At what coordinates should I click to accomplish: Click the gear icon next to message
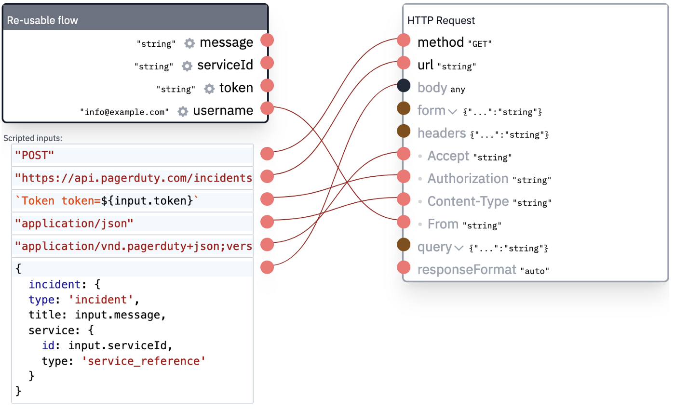click(x=189, y=43)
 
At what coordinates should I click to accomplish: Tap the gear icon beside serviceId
click(x=187, y=66)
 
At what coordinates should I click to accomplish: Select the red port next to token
click(x=267, y=86)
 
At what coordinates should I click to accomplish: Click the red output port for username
click(x=267, y=108)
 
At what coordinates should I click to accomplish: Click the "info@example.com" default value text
click(x=124, y=112)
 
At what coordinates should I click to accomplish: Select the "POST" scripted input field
click(x=132, y=156)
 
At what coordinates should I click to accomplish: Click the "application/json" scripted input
click(x=132, y=224)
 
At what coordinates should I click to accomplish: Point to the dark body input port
click(x=404, y=86)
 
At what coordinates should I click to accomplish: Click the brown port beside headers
click(x=404, y=131)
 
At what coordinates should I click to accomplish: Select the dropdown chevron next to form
click(x=452, y=112)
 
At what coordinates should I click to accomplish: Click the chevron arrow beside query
click(x=459, y=248)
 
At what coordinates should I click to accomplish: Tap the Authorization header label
click(x=468, y=179)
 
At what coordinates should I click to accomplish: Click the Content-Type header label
click(x=468, y=201)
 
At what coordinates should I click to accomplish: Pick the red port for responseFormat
click(x=404, y=267)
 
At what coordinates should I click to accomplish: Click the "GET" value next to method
click(x=480, y=44)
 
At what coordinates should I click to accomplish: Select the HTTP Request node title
click(x=441, y=21)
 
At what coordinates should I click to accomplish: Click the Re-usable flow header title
click(x=42, y=21)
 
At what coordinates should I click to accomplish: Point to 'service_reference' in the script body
click(x=144, y=361)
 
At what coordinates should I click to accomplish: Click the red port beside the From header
click(x=404, y=222)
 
